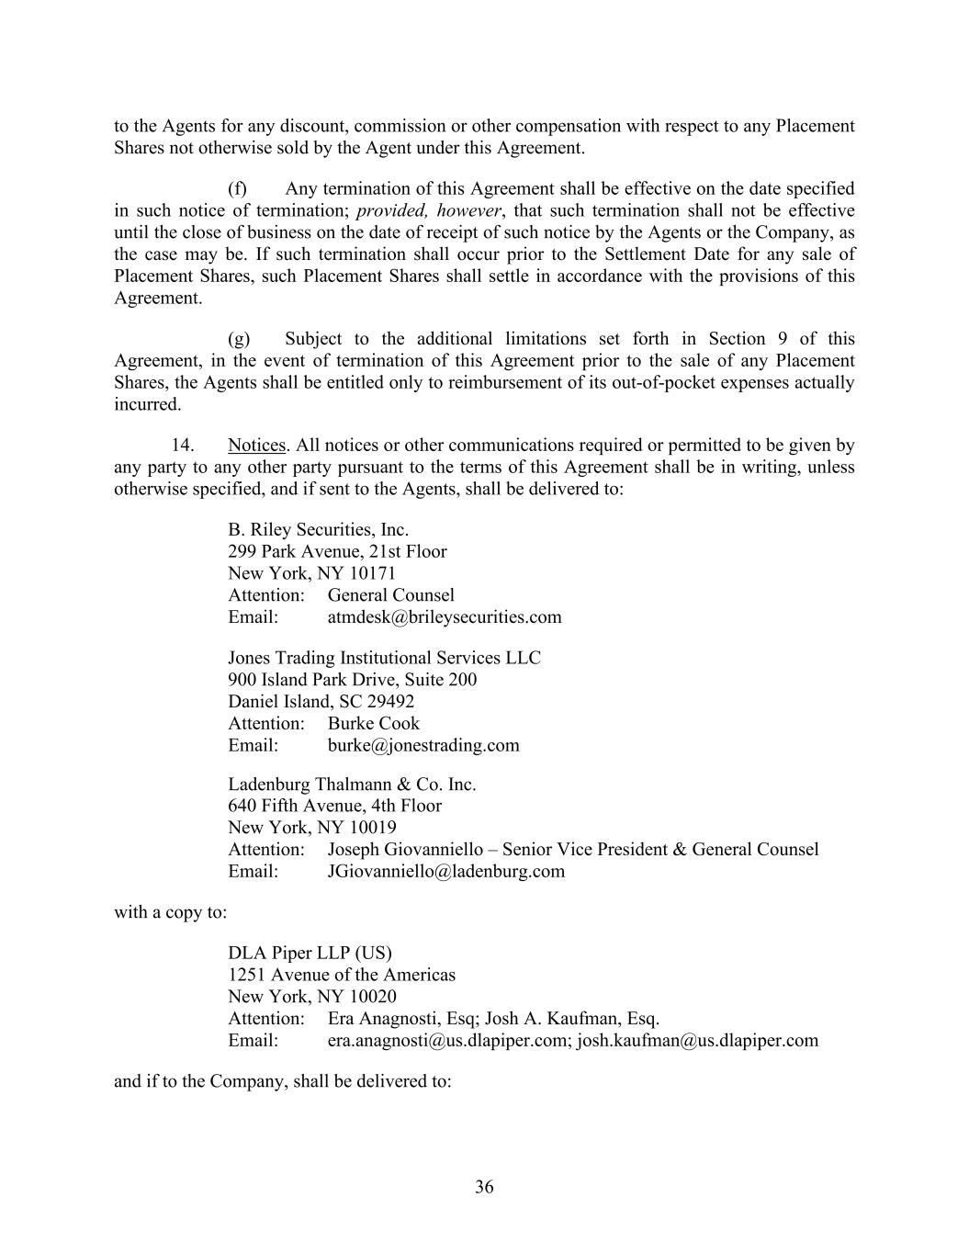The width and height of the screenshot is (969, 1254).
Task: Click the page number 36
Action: [484, 1187]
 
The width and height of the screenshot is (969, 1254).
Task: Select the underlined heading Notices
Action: [256, 446]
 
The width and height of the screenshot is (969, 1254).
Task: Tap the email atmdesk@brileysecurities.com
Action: [445, 617]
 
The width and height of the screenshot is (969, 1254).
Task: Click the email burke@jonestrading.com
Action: [423, 745]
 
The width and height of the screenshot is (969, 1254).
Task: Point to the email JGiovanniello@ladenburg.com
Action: [446, 871]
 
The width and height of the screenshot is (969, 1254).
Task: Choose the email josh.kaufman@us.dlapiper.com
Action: [697, 1041]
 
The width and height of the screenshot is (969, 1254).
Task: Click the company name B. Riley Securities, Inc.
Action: [318, 530]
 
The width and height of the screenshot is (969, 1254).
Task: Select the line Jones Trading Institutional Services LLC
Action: [384, 658]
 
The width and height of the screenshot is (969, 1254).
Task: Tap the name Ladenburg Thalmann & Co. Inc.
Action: [352, 785]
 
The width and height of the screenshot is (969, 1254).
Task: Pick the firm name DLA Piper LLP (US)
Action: [310, 953]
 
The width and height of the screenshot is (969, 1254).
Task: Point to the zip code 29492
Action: [390, 702]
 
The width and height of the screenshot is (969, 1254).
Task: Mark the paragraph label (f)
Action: [238, 189]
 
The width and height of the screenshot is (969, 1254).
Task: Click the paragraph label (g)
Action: [239, 339]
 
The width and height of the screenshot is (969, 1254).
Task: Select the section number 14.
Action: [182, 446]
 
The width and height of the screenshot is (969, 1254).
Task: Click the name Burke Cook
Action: [373, 724]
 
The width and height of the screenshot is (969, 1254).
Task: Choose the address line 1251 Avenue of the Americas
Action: [342, 975]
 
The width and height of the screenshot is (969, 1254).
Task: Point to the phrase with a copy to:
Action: [170, 912]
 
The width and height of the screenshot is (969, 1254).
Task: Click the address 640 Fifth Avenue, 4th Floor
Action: [334, 806]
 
